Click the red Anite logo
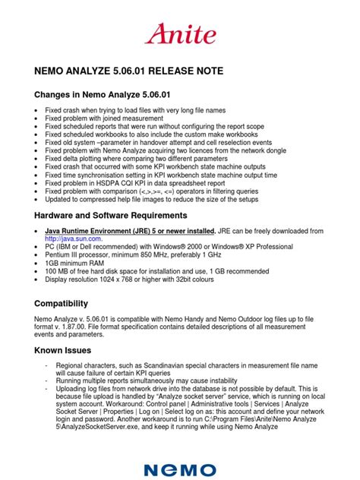coord(179,33)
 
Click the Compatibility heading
coord(67,302)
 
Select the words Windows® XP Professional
coord(248,246)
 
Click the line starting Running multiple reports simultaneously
coord(137,381)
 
